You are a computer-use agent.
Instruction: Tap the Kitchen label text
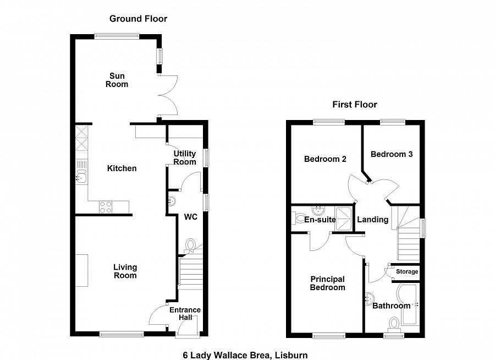(122, 168)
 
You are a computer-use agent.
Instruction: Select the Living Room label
(125, 271)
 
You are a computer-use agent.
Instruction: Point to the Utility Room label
(185, 157)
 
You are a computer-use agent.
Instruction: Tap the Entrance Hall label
(185, 314)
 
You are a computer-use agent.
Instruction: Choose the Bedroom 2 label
(325, 159)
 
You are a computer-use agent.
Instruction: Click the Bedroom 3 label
(391, 155)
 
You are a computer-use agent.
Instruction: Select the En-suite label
(320, 220)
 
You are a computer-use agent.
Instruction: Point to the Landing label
(373, 220)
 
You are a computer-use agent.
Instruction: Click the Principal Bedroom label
(327, 283)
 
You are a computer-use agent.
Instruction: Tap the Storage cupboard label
(407, 272)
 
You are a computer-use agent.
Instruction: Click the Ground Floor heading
(138, 19)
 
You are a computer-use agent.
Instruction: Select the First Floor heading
(355, 105)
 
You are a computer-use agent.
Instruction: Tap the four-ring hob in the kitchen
(106, 207)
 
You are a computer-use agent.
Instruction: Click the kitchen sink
(81, 176)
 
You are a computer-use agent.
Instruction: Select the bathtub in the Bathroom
(410, 305)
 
